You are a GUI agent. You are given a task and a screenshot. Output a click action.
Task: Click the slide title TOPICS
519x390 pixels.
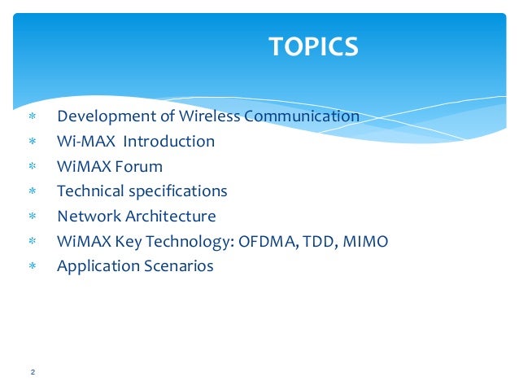point(313,46)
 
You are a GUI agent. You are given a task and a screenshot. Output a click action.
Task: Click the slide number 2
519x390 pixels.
point(33,372)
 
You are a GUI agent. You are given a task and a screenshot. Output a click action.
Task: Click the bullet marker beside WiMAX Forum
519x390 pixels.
point(33,167)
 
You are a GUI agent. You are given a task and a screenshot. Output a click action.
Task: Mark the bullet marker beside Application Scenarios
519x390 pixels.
point(33,267)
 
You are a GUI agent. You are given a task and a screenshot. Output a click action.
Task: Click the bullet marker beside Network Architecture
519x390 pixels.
point(33,217)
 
